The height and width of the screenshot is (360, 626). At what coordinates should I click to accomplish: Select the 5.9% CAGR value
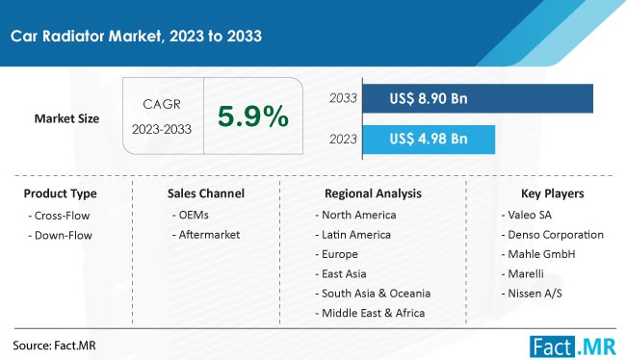coord(253,117)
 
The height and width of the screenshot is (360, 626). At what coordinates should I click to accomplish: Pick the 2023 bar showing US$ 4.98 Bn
coord(429,139)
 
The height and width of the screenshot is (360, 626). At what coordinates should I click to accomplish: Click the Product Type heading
coord(60,193)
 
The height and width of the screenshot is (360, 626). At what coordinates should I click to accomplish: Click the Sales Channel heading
coord(205,193)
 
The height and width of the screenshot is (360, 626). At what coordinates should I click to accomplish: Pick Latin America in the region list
coord(352,234)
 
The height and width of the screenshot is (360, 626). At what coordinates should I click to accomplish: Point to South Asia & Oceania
coord(372,293)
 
